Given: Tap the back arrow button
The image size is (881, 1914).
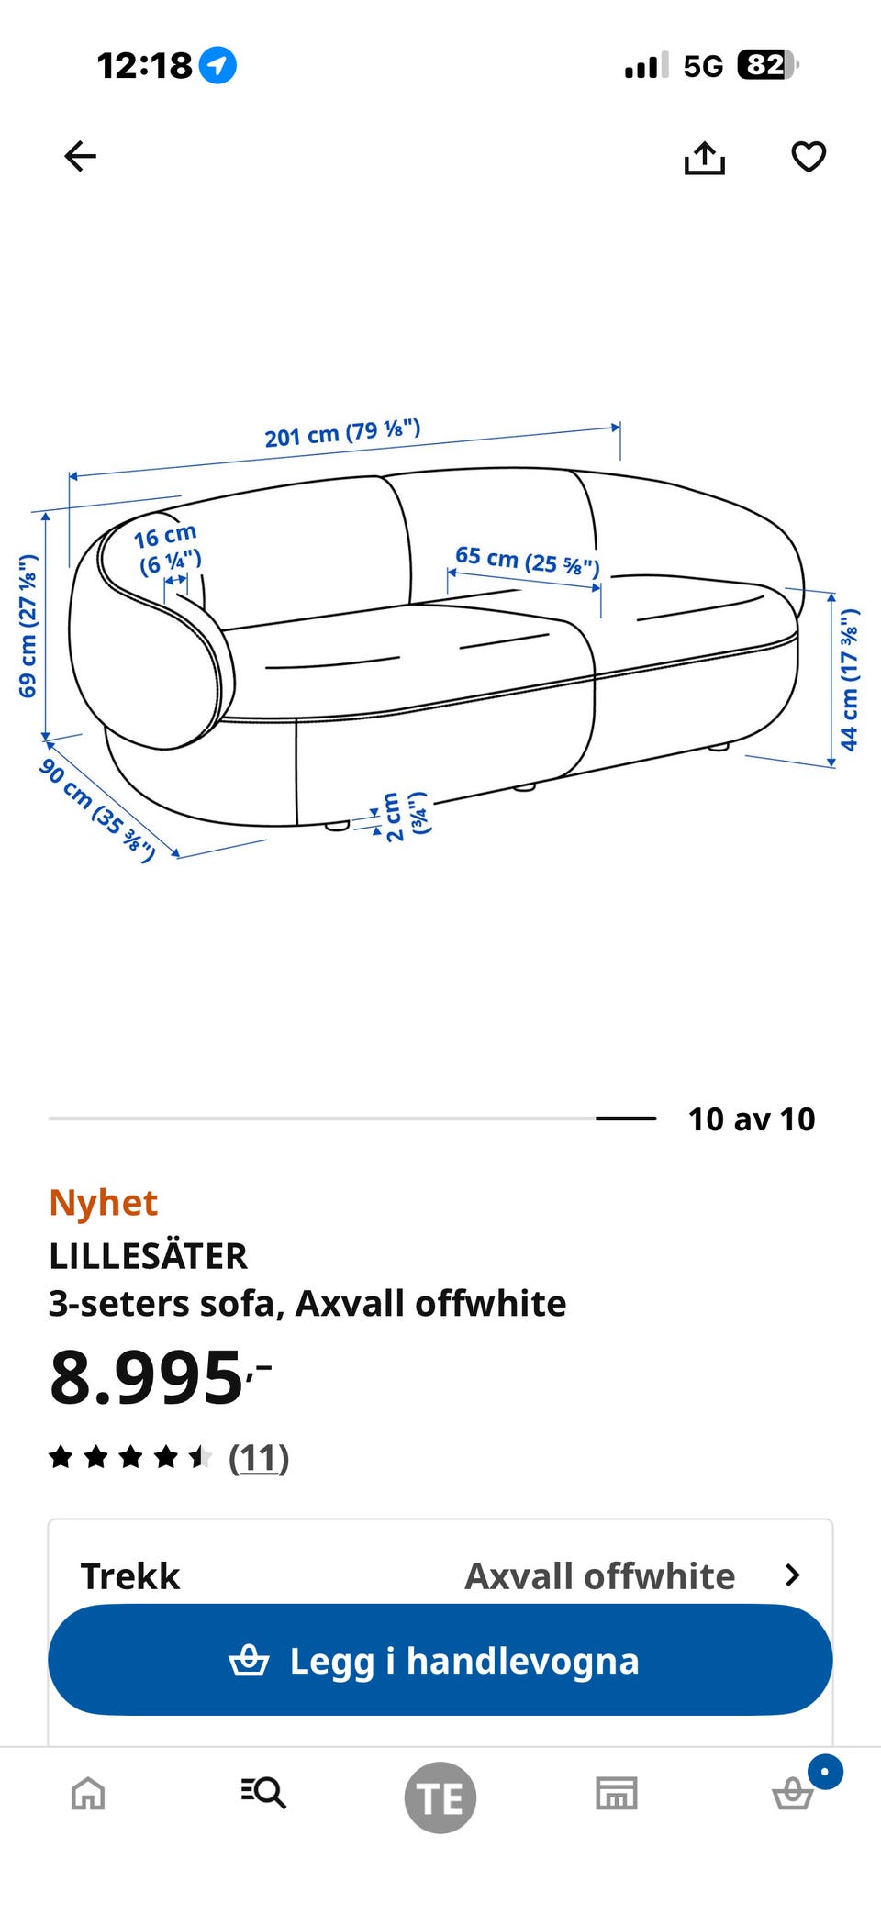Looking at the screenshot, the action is coord(80,156).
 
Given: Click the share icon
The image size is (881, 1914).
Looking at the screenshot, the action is coord(704,157).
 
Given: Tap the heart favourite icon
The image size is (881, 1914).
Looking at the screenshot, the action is coord(809,157).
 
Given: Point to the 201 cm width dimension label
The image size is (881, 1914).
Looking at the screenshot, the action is coord(342,433).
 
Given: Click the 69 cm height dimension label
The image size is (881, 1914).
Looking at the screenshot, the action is coord(28,626).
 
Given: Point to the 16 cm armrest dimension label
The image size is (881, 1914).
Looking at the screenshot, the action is coord(167,549).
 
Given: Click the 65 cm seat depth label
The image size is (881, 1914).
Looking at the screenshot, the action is coord(528,561).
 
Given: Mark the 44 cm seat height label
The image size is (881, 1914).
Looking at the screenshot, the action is coord(850,679).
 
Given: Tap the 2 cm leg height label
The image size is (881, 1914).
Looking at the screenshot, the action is coord(405,816).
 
